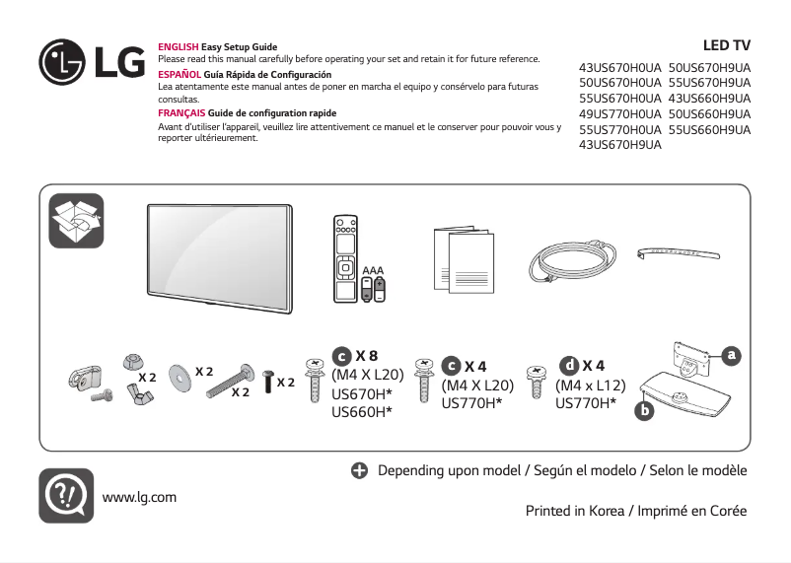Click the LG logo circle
pos(62,63)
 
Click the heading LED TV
pos(726,45)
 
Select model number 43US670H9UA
pos(619,145)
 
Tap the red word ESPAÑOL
pos(180,75)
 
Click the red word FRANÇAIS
pos(181,113)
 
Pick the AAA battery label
pos(373,269)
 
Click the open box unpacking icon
pos(76,222)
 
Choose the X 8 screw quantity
pos(366,355)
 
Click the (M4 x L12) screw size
pos(591,385)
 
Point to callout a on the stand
pos(731,353)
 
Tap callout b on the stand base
pos(645,409)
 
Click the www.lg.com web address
pos(139,496)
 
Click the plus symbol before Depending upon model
pos(360,470)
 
